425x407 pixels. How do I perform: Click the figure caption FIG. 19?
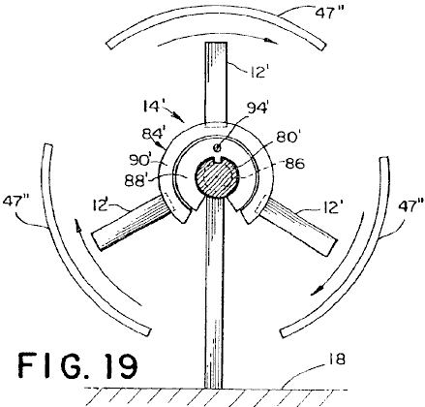click(77, 366)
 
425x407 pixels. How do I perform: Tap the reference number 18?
click(337, 360)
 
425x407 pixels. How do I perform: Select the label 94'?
click(258, 108)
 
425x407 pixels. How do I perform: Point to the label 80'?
click(287, 138)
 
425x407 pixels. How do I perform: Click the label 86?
click(294, 164)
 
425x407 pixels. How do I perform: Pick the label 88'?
click(136, 181)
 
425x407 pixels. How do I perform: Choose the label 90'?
click(140, 160)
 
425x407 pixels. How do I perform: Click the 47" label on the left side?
click(16, 203)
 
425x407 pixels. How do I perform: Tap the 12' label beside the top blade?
click(257, 72)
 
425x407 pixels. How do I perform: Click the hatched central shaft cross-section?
click(217, 177)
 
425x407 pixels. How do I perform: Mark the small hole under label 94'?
click(217, 147)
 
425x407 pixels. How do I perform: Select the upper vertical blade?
click(216, 83)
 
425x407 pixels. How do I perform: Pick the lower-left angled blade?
click(133, 222)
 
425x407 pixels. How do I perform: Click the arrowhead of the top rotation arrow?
click(271, 41)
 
